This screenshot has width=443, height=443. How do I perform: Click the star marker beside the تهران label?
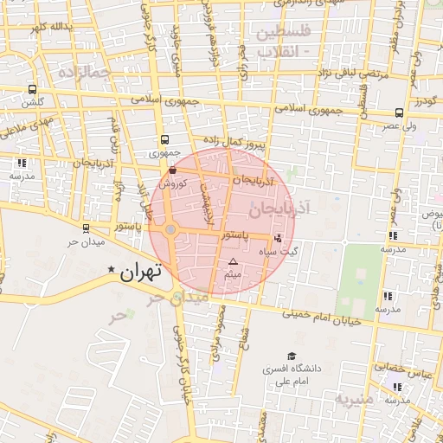point(112,271)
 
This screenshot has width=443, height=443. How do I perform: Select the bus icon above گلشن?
point(33,89)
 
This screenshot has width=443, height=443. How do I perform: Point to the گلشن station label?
point(33,102)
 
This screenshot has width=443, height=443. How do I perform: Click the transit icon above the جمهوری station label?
point(164,139)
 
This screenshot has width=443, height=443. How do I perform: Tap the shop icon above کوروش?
point(173,170)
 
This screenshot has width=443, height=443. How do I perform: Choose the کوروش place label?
point(172,183)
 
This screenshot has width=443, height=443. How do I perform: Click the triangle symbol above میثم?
point(232,261)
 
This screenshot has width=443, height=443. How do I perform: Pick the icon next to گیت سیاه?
point(278,237)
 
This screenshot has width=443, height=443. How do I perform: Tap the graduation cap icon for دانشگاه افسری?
point(292,356)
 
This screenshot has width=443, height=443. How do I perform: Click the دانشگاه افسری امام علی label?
point(292,375)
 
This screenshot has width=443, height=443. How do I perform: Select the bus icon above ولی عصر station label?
point(398,112)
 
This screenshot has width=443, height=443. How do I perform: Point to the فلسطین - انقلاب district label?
point(279,42)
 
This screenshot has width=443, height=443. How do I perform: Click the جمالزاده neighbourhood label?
point(84,74)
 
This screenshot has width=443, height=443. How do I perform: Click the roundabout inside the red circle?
point(170,229)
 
